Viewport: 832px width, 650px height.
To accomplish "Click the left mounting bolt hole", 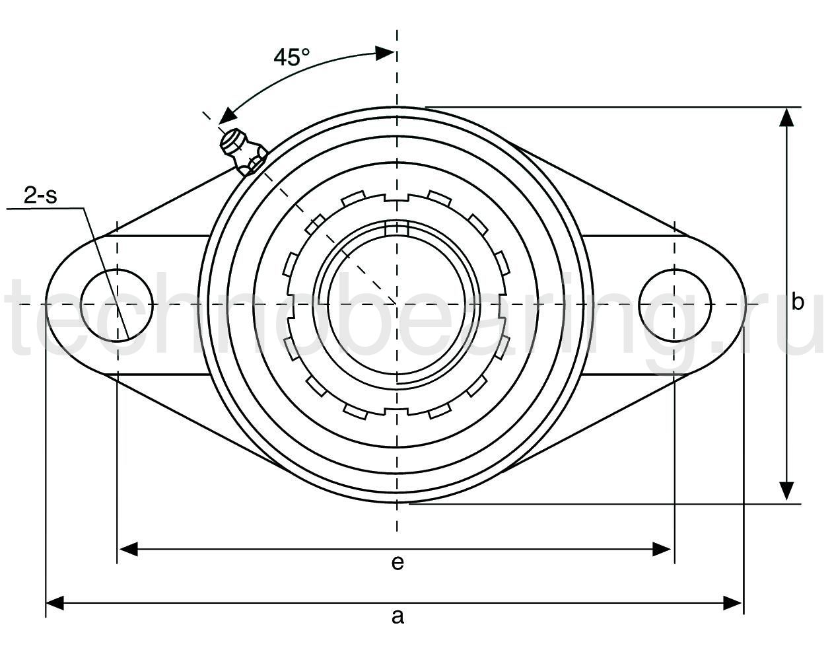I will pyautogui.click(x=117, y=304).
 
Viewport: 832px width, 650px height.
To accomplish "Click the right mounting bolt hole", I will pyautogui.click(x=675, y=304).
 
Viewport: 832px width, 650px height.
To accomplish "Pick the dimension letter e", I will pyautogui.click(x=397, y=562).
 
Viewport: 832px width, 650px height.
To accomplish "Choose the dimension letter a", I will pyautogui.click(x=397, y=616).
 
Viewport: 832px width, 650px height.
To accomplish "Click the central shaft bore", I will pyautogui.click(x=396, y=304).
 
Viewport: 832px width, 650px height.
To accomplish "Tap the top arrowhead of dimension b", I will pyautogui.click(x=786, y=117).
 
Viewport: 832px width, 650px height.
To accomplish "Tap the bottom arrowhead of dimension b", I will pyautogui.click(x=786, y=492).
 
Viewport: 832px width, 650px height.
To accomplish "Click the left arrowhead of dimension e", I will pyautogui.click(x=127, y=548).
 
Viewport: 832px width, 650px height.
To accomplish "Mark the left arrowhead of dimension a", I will pyautogui.click(x=55, y=602).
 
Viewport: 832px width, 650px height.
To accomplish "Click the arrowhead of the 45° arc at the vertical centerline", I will pyautogui.click(x=386, y=54).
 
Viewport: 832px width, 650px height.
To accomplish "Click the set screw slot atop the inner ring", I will pyautogui.click(x=396, y=229).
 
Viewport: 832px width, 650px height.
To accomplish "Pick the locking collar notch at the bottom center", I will pyautogui.click(x=396, y=412).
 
